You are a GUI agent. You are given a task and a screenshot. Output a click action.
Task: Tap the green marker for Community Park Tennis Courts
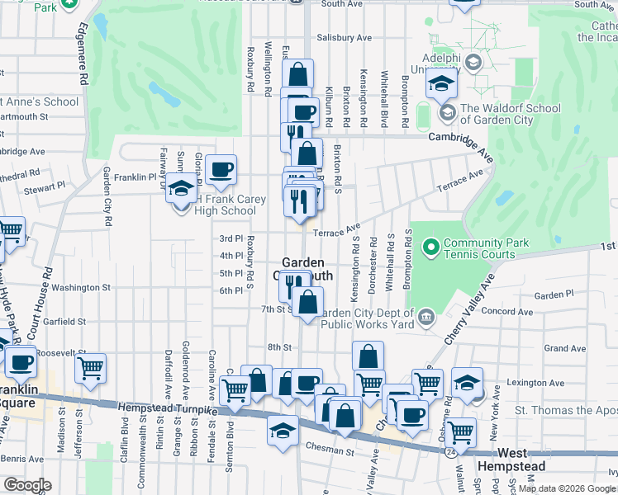(430, 247)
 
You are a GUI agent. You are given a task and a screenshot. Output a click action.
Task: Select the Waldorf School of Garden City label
(510, 114)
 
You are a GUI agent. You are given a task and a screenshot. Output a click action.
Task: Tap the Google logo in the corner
(27, 485)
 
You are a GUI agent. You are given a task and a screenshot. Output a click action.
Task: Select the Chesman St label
(331, 452)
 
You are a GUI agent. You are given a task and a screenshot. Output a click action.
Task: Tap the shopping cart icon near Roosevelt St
(91, 369)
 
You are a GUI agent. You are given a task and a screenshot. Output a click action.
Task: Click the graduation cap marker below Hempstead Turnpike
(283, 431)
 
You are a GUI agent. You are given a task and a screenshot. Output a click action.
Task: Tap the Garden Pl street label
(554, 295)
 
